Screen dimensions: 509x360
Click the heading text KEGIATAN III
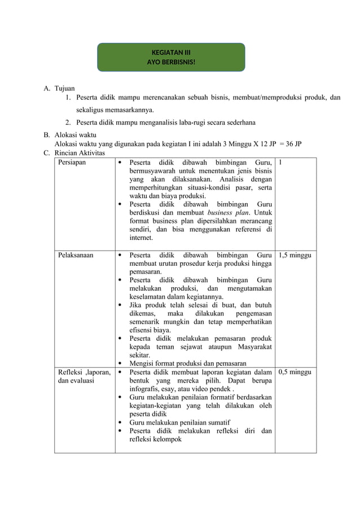pos(171,52)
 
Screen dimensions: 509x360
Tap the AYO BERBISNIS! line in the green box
pos(171,62)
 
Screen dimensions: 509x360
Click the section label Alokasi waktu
pos(75,135)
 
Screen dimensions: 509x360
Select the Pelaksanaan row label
pos(76,255)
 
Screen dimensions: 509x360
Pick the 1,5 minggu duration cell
pos(295,255)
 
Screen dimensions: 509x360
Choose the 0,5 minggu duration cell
pos(295,372)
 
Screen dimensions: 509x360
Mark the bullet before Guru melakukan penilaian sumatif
pos(121,423)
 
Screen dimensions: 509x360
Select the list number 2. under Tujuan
pos(67,122)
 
